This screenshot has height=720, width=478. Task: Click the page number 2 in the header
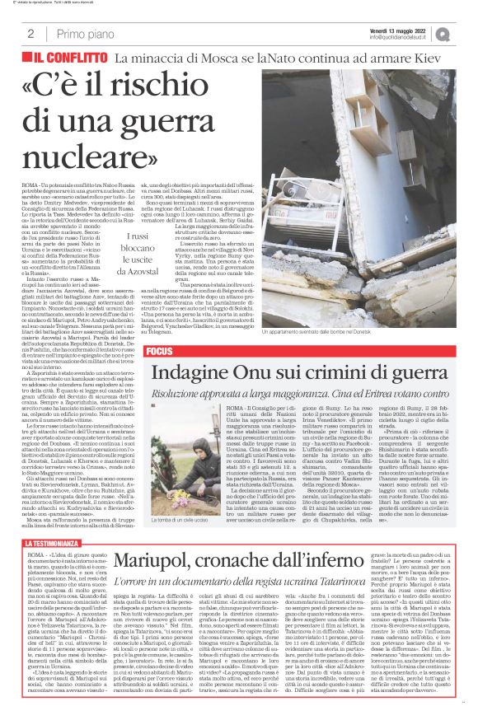point(30,34)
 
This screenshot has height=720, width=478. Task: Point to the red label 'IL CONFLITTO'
point(72,58)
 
